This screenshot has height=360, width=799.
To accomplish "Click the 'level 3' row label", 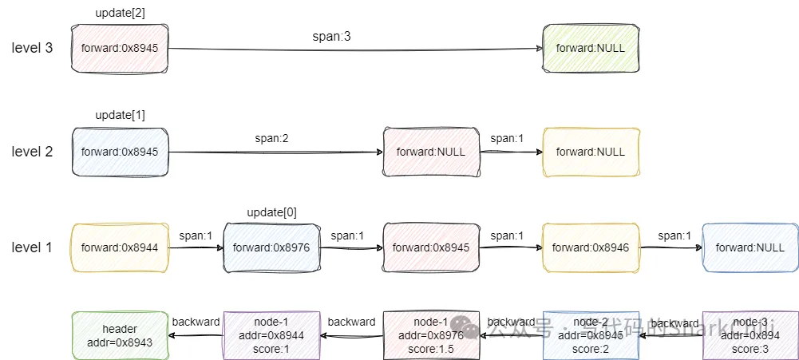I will [x=32, y=48].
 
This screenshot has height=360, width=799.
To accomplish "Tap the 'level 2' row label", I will [x=32, y=152].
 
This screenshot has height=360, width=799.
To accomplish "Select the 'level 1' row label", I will [x=32, y=247].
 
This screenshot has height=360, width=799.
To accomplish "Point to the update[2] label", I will [x=120, y=13].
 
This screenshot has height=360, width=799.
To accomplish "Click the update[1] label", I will [x=120, y=116].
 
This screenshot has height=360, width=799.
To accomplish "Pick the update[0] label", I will [x=271, y=212].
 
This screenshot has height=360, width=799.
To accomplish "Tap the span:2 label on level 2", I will [x=272, y=139].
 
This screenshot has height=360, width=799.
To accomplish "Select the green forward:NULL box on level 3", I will [x=591, y=49].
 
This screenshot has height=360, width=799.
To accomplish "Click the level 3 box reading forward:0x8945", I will [x=120, y=49].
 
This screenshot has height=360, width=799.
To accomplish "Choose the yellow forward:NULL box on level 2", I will [x=591, y=152].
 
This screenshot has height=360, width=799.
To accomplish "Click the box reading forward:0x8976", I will [x=271, y=247].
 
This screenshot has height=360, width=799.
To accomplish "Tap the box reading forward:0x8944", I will [x=120, y=247].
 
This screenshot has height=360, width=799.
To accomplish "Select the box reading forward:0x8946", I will [x=591, y=247].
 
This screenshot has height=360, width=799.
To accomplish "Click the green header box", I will [x=120, y=335].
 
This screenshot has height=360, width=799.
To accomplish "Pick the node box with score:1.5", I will [x=431, y=335].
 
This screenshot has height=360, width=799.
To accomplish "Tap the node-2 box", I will [x=591, y=335].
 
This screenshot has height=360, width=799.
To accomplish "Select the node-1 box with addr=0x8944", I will [x=271, y=335].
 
